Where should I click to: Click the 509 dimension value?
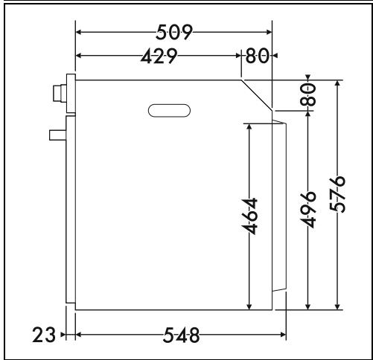click(x=174, y=32)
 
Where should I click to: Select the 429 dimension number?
click(x=159, y=56)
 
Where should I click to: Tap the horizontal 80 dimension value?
click(x=257, y=56)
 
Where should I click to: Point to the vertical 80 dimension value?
click(x=308, y=94)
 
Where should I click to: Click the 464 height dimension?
click(x=249, y=216)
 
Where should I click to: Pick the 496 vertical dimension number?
click(x=308, y=210)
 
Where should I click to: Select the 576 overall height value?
click(x=337, y=194)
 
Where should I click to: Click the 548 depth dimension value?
click(x=181, y=335)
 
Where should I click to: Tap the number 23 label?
click(x=44, y=335)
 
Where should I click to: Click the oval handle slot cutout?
click(x=169, y=111)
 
